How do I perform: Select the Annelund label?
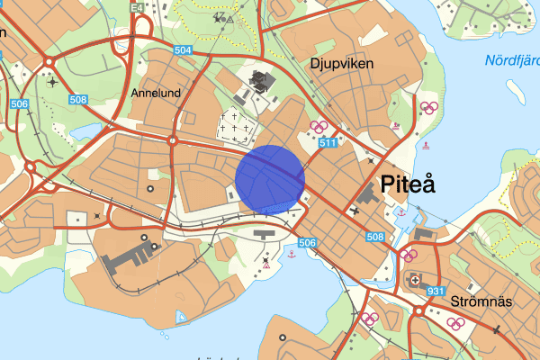click(156, 93)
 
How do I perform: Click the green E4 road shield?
click(137, 7)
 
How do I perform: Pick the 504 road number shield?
click(183, 50)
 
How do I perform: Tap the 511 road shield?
click(327, 143)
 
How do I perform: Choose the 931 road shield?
click(436, 291)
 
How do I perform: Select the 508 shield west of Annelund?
click(77, 100)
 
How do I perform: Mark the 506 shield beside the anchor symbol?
click(307, 243)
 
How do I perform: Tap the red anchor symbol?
click(291, 256)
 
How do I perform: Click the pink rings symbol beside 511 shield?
click(316, 127)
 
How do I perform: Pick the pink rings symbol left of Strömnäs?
click(368, 318)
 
